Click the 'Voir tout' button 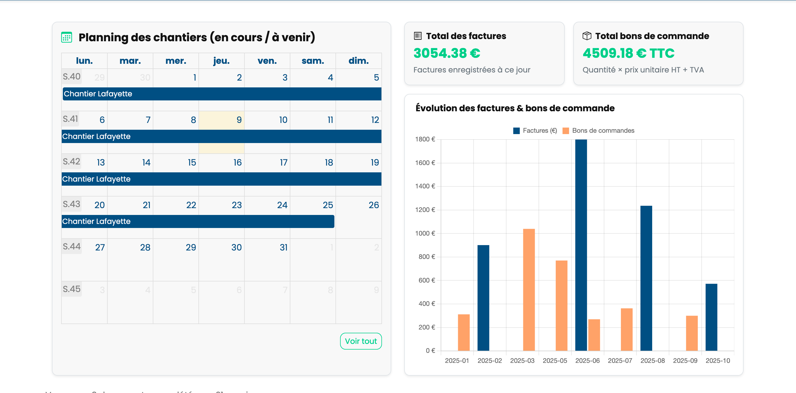(x=360, y=341)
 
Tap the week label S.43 (x=71, y=204)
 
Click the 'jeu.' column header (x=221, y=61)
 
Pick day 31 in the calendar (x=283, y=248)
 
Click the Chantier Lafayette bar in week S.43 (x=198, y=221)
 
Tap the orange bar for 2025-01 (x=464, y=332)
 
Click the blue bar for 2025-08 (x=646, y=278)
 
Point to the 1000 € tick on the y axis (x=425, y=233)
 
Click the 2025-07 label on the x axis (x=620, y=361)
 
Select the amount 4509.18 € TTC (x=629, y=53)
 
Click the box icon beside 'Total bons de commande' (x=586, y=36)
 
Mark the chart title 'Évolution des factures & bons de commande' (x=515, y=108)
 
